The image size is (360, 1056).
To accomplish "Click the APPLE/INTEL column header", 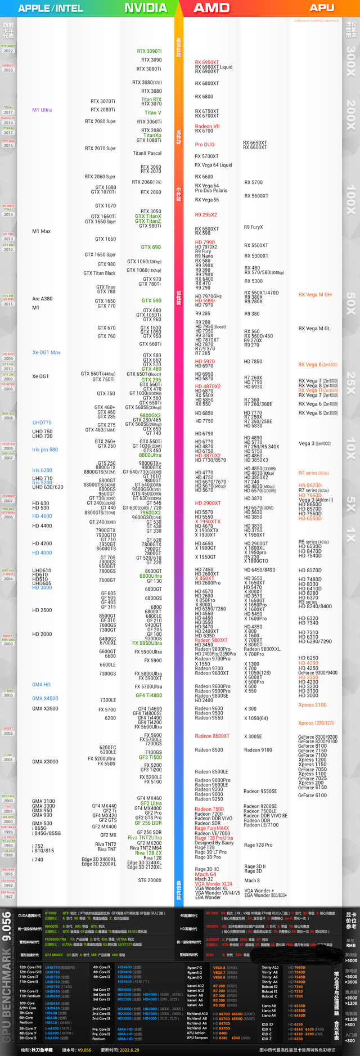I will [x=51, y=8].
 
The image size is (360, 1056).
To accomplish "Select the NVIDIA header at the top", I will [x=145, y=8].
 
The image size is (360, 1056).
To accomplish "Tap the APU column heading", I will [x=322, y=8].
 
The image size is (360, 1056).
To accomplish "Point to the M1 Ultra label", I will [x=42, y=110].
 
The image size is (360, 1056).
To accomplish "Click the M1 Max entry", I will [x=42, y=231].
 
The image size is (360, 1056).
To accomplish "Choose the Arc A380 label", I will [x=42, y=299].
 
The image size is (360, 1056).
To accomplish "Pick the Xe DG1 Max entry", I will [x=46, y=352].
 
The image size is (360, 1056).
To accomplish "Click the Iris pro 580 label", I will [x=45, y=450].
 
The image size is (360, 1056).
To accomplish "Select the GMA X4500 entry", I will [x=45, y=698].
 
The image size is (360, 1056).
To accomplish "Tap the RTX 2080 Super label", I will [x=100, y=122].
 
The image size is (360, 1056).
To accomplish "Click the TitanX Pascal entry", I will [x=147, y=153].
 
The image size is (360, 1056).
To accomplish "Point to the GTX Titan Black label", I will [x=100, y=273].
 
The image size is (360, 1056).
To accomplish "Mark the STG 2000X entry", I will [x=150, y=880].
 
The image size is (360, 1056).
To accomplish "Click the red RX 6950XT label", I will [x=207, y=62].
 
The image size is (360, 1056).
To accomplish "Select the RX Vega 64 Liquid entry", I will [x=213, y=165].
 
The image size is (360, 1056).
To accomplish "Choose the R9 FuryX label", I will [x=253, y=227].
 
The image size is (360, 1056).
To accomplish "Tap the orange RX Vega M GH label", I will [x=315, y=294].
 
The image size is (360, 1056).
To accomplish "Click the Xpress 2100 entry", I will [x=312, y=704].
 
